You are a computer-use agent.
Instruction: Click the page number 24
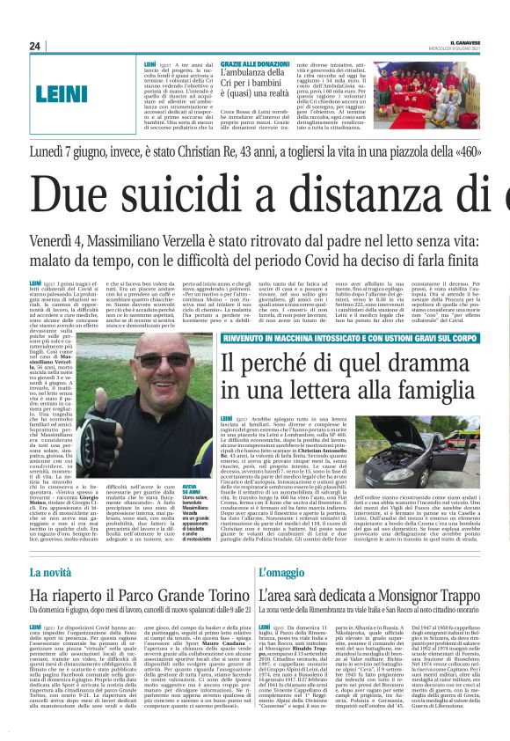point(34,46)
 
